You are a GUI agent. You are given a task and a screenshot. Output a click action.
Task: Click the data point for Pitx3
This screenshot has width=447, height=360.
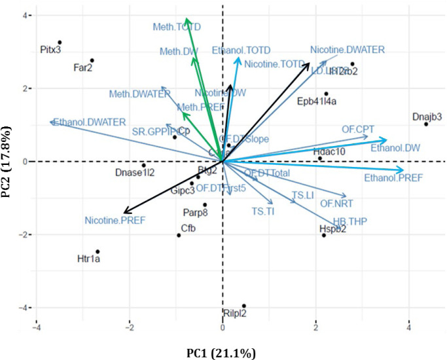pos(60,43)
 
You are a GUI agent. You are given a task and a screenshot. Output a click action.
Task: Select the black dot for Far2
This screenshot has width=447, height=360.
pos(92,61)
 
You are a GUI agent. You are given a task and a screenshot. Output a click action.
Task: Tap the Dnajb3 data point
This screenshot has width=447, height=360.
pos(426,124)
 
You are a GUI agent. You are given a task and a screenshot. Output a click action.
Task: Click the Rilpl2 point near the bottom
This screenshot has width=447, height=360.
pos(244,306)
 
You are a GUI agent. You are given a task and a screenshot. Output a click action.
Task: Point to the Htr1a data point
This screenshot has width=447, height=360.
pos(98,251)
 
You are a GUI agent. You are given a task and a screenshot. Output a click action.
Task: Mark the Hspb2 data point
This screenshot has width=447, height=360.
pos(324,235)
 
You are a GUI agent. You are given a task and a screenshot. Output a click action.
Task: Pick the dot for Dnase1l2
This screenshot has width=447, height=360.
pos(144,165)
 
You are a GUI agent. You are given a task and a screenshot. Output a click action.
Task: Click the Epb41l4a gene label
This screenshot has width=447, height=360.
pos(317,101)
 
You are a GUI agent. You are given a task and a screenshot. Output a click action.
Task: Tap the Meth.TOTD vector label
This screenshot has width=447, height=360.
pos(177,27)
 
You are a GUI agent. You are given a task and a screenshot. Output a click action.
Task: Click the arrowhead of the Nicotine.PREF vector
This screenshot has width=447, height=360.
pos(124,213)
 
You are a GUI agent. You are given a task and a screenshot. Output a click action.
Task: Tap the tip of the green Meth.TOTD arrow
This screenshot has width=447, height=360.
pos(186,20)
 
